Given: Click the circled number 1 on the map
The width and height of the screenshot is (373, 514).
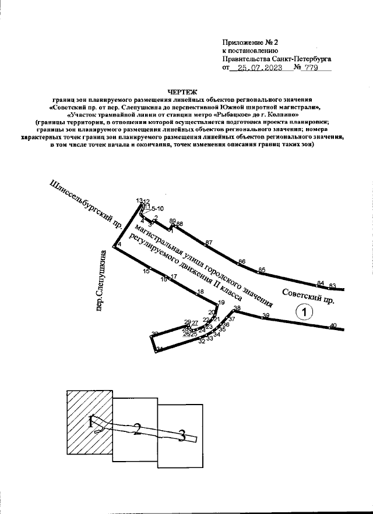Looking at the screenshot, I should [x=305, y=313].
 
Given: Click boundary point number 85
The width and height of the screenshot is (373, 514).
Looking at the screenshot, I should [x=262, y=270].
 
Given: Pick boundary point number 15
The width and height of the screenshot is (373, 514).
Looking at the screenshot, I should [x=146, y=270].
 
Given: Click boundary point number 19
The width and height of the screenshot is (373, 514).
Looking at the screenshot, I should [x=220, y=303].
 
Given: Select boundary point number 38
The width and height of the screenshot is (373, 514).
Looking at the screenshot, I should [x=237, y=308].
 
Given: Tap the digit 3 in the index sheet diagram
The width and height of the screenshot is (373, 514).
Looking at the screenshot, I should [x=182, y=435].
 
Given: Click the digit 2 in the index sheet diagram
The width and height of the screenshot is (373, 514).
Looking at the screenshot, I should [x=137, y=430].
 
